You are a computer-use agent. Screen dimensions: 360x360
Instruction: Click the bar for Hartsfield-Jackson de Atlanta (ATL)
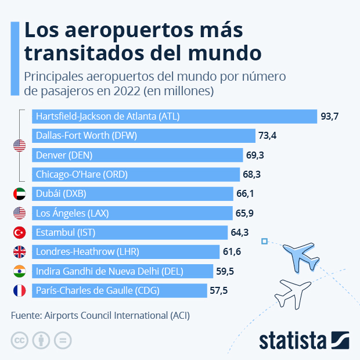[174, 116]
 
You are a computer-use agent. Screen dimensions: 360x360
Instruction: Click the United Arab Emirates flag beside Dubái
[20, 194]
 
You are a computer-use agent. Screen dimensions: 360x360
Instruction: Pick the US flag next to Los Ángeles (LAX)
[20, 213]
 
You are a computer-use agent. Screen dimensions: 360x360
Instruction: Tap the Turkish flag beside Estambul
[20, 233]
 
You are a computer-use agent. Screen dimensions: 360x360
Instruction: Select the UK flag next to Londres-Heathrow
[20, 252]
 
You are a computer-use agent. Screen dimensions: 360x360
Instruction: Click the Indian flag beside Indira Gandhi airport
[20, 271]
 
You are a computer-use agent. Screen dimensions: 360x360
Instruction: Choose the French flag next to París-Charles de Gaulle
[20, 290]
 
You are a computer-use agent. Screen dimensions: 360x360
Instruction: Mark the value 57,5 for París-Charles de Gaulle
[219, 290]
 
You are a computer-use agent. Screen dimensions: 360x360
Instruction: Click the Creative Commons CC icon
[20, 340]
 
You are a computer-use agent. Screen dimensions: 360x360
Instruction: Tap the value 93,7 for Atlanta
[329, 117]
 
